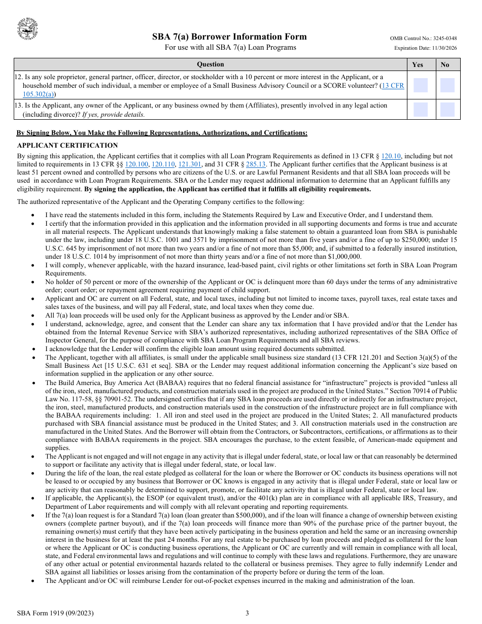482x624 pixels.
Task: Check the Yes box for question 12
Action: click(421, 85)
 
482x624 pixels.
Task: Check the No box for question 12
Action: click(447, 85)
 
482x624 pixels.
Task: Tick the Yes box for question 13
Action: click(421, 109)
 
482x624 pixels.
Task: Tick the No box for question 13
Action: click(447, 109)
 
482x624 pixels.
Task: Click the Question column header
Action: click(210, 64)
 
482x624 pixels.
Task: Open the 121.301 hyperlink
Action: click(190, 164)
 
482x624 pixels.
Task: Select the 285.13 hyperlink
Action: click(256, 164)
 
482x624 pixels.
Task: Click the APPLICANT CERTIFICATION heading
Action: click(67, 146)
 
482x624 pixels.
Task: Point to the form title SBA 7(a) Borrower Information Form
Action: click(229, 37)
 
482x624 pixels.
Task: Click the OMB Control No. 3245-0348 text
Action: click(423, 39)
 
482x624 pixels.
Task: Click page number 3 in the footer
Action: click(247, 613)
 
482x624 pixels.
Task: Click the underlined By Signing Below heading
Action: click(162, 133)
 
